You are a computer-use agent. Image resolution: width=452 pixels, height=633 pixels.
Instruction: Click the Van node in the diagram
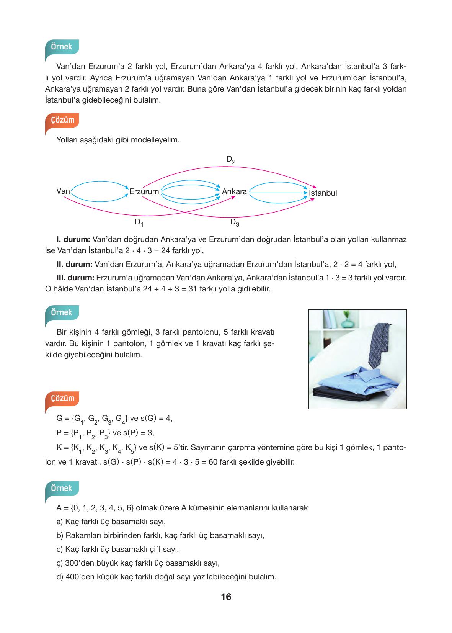tap(63, 191)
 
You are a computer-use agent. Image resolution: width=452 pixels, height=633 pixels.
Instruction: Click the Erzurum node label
tap(144, 191)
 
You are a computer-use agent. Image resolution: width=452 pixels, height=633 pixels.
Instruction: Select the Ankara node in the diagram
tap(234, 191)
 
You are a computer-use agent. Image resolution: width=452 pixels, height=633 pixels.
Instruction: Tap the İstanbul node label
tap(323, 193)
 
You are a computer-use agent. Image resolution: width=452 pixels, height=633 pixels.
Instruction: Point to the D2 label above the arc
tap(230, 160)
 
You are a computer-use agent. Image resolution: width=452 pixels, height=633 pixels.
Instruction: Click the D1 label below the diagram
tap(139, 222)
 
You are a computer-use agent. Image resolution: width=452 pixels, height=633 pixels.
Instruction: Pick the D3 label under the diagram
tap(234, 222)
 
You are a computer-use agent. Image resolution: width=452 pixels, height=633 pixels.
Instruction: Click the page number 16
tap(226, 597)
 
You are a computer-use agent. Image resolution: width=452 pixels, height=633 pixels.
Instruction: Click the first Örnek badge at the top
tap(62, 47)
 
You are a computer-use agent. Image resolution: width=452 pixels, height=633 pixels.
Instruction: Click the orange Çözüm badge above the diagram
tap(62, 120)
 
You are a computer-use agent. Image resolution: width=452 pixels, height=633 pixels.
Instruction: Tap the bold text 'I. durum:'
tap(73, 240)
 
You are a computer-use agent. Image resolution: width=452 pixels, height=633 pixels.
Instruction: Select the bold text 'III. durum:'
tap(75, 278)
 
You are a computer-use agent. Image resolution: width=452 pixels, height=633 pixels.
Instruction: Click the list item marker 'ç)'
tap(60, 563)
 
